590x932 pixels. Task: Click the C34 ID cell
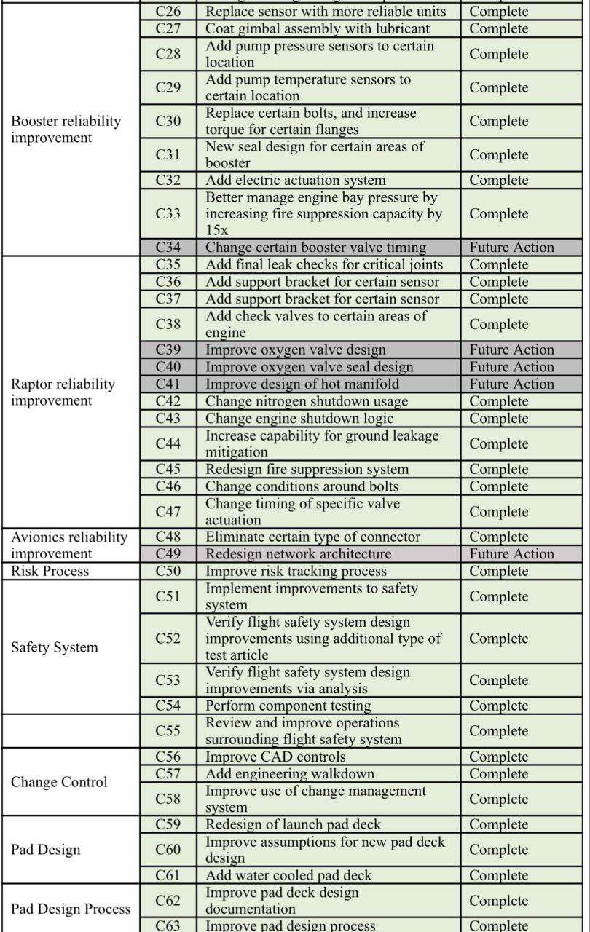168,248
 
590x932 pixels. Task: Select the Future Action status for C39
511,350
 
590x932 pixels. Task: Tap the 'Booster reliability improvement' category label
66,130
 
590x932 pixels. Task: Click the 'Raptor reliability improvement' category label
63,392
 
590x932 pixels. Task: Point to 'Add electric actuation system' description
296,181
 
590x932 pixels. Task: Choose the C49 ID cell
168,554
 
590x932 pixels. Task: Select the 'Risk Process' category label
50,572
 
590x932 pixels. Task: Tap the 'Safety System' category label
54,647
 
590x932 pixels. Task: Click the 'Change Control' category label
59,783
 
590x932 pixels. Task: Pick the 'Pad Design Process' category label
71,909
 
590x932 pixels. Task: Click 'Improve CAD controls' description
275,757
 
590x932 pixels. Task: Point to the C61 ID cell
168,875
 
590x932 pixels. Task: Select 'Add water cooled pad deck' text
288,875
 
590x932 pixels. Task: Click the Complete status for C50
499,572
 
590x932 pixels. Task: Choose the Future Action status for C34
511,248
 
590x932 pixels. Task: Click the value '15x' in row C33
216,230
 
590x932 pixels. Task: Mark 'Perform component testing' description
288,706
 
